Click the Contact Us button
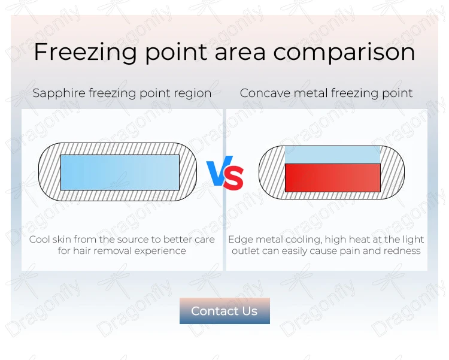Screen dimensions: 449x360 224,311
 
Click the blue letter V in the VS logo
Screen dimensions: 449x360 218,171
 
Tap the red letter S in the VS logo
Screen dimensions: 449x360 233,177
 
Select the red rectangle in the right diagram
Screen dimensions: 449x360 333,178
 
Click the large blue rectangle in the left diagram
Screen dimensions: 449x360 120,173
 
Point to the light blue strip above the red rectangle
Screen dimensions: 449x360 332,155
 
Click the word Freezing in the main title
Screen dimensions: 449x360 85,53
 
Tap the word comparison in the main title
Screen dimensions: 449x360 344,53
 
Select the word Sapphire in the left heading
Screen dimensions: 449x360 59,93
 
